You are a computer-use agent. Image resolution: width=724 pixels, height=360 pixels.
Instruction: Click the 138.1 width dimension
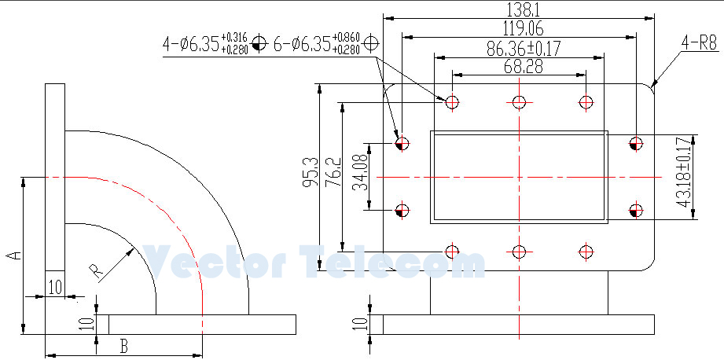[519, 9]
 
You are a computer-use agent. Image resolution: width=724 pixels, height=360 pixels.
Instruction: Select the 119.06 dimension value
[519, 28]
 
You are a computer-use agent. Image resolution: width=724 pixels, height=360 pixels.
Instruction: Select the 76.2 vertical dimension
[333, 172]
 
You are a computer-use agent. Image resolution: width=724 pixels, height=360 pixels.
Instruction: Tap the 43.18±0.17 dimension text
[683, 172]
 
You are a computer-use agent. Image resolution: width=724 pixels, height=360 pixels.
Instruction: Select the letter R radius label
[97, 272]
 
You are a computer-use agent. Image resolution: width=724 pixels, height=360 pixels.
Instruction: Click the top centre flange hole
[519, 101]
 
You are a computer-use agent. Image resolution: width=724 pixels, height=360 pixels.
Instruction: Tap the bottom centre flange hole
[519, 252]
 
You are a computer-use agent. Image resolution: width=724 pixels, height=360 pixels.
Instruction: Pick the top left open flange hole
[452, 101]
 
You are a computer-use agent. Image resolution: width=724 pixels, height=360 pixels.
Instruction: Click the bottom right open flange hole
[585, 252]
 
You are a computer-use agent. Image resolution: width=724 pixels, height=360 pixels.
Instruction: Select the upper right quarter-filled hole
[636, 143]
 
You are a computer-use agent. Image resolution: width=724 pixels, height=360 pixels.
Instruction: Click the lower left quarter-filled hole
[401, 210]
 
